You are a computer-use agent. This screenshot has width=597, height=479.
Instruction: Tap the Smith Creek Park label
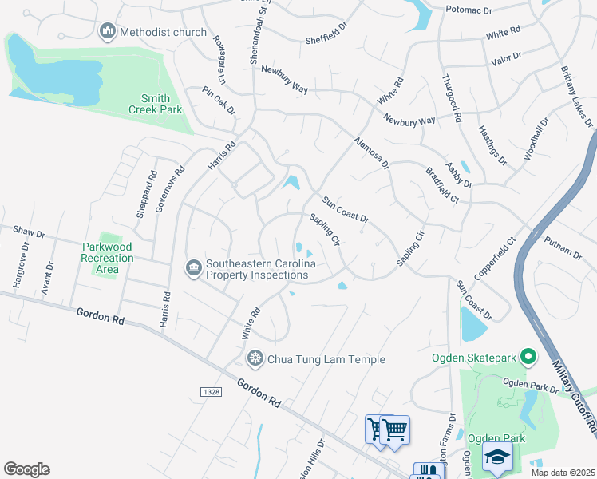[x=156, y=104]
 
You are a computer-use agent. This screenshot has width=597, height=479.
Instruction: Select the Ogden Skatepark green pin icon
[x=527, y=356]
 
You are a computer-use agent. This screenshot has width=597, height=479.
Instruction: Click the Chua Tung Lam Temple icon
[x=255, y=359]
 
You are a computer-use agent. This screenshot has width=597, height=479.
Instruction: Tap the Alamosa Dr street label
[x=371, y=153]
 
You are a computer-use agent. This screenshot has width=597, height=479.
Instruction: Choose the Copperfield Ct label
[x=494, y=251]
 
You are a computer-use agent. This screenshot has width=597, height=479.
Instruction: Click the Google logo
[x=26, y=469]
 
